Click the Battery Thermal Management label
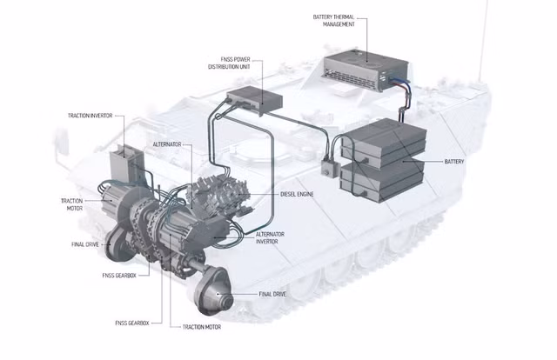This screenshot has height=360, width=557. (x=333, y=21)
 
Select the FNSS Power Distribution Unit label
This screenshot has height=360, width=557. (x=229, y=63)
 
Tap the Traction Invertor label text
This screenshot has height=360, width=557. (x=90, y=116)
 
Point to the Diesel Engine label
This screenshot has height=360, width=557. (x=297, y=194)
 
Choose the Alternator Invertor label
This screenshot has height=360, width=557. (x=270, y=238)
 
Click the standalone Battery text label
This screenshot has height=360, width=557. (x=454, y=162)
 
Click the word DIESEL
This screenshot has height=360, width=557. (x=288, y=194)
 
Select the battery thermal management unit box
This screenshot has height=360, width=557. (x=366, y=70)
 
